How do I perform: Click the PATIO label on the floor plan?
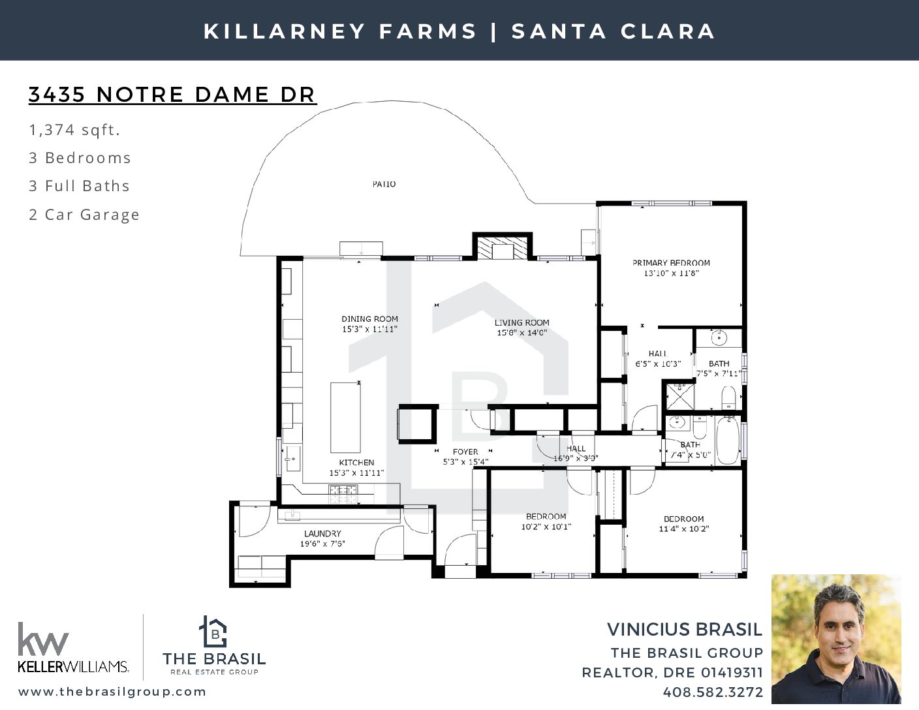[x=384, y=184]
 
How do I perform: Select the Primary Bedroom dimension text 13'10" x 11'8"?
[x=671, y=273]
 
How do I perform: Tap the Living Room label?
[x=522, y=322]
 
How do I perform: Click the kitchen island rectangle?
[x=345, y=418]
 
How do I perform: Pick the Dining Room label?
[x=369, y=319]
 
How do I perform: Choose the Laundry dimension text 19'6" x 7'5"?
[x=322, y=544]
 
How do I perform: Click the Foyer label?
[x=465, y=452]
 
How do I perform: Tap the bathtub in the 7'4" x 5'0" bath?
[x=728, y=440]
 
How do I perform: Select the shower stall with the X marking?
[x=680, y=396]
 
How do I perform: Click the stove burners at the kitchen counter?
[x=343, y=494]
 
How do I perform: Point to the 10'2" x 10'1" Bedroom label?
[x=546, y=516]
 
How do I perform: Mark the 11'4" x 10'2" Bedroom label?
[x=683, y=519]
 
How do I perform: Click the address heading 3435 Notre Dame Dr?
[x=172, y=95]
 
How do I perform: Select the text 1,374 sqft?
[x=74, y=130]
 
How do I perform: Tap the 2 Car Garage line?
[x=84, y=215]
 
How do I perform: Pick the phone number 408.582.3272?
[x=713, y=692]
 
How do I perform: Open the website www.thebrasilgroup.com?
[x=112, y=692]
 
